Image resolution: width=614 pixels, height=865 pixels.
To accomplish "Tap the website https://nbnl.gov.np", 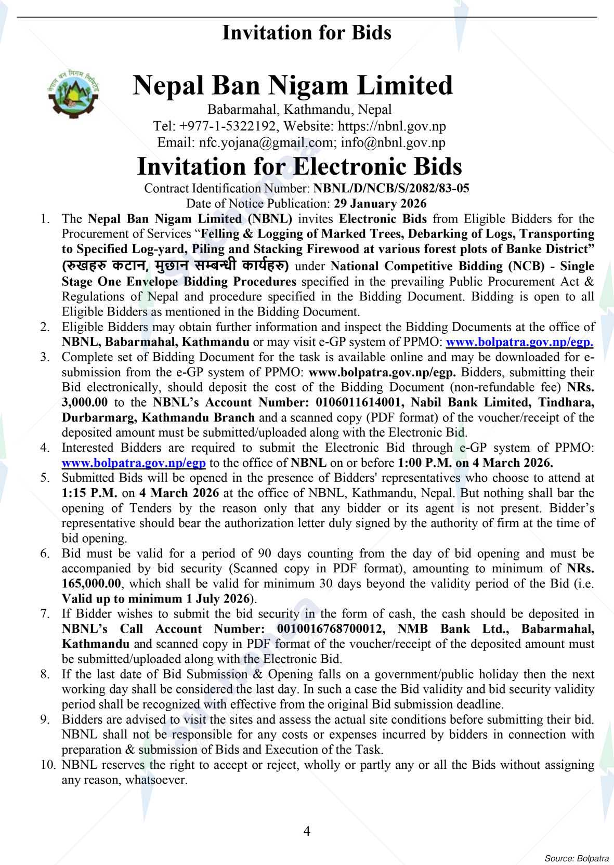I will (x=391, y=126).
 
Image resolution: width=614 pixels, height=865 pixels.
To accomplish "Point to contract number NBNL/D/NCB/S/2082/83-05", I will (x=391, y=188).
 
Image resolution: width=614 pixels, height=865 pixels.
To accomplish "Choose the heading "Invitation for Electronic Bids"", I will (x=299, y=166).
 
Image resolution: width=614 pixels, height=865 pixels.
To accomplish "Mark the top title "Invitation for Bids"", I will (x=307, y=33).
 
